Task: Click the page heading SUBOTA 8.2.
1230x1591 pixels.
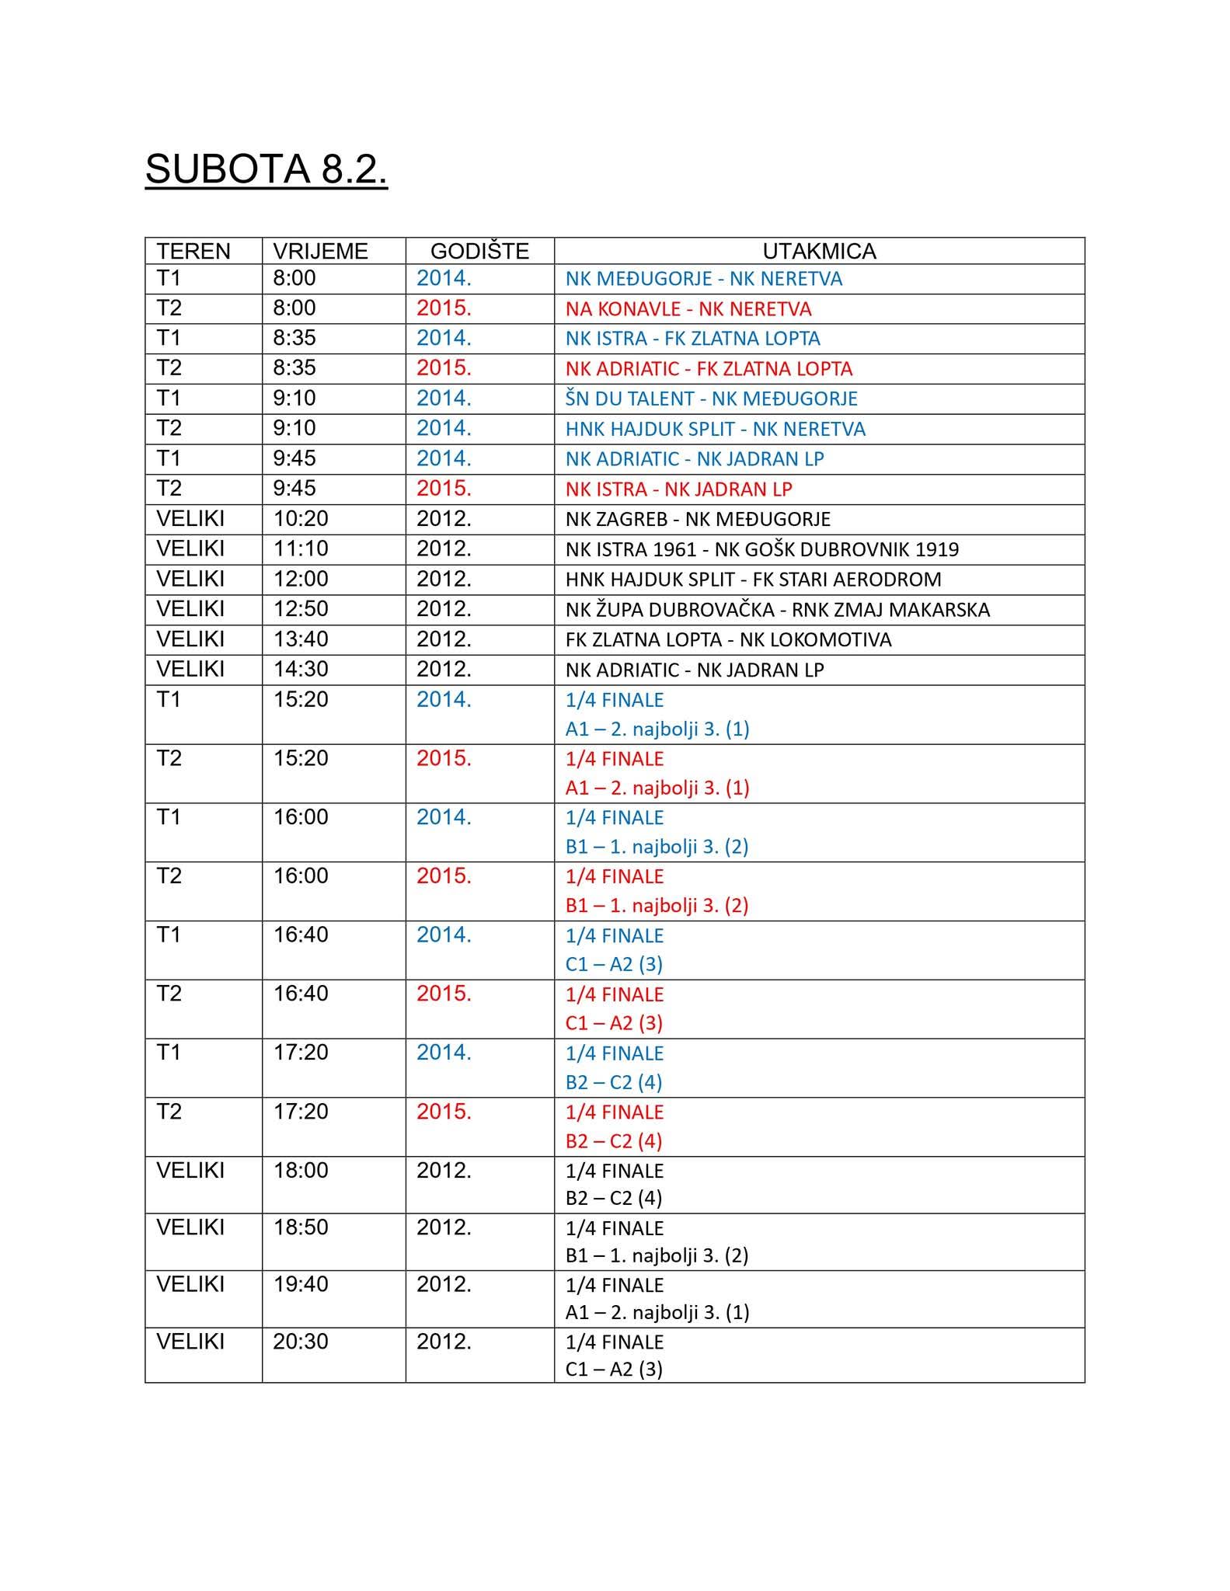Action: tap(266, 169)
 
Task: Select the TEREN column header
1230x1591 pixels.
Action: tap(193, 251)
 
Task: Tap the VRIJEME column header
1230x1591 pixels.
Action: tap(320, 251)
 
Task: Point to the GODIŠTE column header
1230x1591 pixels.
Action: tap(479, 251)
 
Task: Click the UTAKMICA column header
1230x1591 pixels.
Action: tap(819, 251)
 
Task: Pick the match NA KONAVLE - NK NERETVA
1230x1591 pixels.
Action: tap(688, 309)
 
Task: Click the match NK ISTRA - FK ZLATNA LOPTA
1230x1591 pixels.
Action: tap(692, 339)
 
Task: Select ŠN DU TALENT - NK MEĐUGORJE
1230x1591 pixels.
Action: tap(711, 399)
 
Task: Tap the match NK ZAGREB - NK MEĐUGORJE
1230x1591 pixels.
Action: tap(698, 519)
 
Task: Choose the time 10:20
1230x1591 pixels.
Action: tap(300, 518)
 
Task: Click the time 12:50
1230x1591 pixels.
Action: tap(300, 609)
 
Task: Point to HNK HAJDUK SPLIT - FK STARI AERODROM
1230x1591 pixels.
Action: tap(753, 580)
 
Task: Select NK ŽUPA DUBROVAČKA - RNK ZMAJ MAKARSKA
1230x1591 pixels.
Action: tap(777, 610)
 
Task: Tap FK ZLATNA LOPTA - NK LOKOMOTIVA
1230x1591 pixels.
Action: tap(728, 640)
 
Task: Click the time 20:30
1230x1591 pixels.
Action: tap(300, 1342)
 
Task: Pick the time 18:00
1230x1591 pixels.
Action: tap(300, 1170)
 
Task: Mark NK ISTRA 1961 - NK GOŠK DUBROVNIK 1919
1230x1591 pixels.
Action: tap(761, 549)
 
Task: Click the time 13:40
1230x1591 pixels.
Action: tap(300, 639)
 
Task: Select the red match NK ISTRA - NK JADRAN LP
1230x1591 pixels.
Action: tap(678, 489)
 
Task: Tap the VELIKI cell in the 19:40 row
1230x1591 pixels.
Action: tap(190, 1284)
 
